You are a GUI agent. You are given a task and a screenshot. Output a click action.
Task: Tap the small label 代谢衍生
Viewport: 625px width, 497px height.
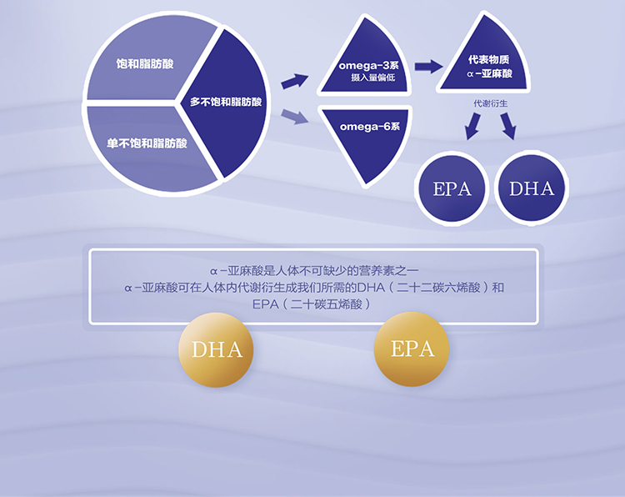click(490, 103)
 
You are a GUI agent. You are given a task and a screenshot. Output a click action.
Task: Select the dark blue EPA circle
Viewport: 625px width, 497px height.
click(452, 188)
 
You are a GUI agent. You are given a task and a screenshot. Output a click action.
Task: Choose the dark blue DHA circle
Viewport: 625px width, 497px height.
click(532, 188)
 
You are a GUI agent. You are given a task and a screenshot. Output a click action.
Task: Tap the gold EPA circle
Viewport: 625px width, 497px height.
click(412, 349)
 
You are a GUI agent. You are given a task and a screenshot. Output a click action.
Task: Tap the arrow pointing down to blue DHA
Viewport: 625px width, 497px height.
click(507, 126)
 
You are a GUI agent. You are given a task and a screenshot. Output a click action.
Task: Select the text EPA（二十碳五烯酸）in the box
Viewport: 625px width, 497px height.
click(317, 305)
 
